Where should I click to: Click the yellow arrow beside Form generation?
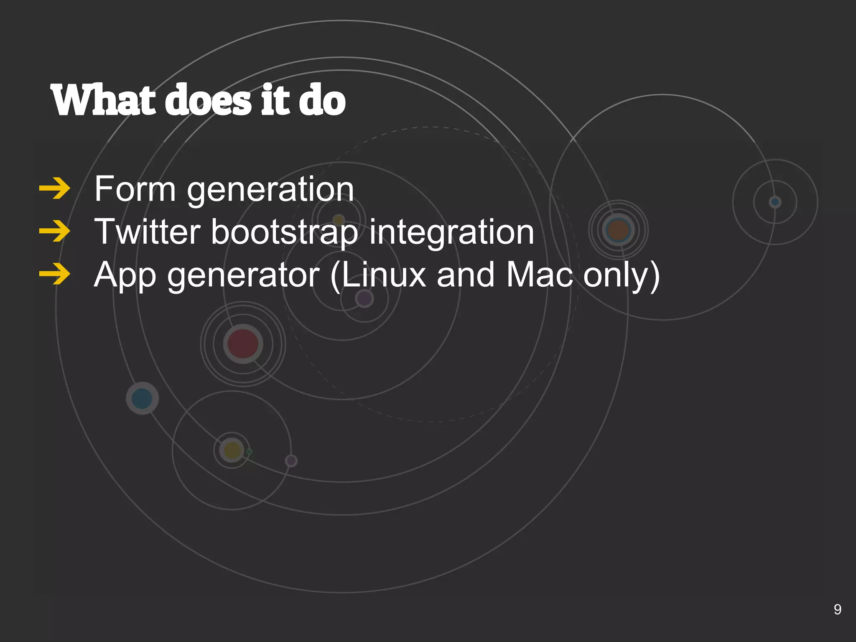click(54, 189)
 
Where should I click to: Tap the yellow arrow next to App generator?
click(54, 275)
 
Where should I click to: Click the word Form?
click(135, 189)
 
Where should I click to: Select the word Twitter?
click(148, 232)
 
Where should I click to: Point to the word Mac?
click(539, 275)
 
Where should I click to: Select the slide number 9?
click(837, 609)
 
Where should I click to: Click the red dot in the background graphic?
click(243, 344)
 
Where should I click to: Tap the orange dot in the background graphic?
click(618, 229)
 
